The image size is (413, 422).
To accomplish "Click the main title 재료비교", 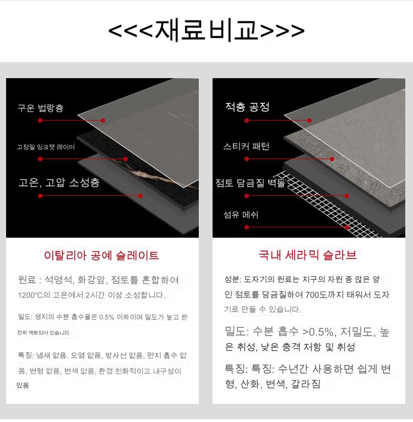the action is coord(206,30).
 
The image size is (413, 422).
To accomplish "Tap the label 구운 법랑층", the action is coord(41,108).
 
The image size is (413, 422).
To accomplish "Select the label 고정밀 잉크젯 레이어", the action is coord(46,147).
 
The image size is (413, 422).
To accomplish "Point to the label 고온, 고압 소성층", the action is coord(59,183).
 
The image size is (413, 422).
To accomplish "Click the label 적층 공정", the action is coord(248,107).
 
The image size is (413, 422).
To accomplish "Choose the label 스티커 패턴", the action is coord(246,146).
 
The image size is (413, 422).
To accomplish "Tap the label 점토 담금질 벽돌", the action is coord(250,183).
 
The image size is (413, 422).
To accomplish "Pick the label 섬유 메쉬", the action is coord(241,215).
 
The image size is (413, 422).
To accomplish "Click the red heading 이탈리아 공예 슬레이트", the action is coord(101,255).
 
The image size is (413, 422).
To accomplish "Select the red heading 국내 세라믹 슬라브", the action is coord(308,255).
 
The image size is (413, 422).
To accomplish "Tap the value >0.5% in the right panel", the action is coord(318,332).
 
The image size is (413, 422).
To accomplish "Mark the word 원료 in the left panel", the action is coord(27,279).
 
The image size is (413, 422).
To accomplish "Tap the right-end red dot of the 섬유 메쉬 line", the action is coord(347,227).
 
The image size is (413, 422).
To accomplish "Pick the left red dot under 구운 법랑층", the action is coord(40,120).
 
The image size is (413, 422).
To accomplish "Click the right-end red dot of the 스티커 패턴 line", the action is coord(332,159).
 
